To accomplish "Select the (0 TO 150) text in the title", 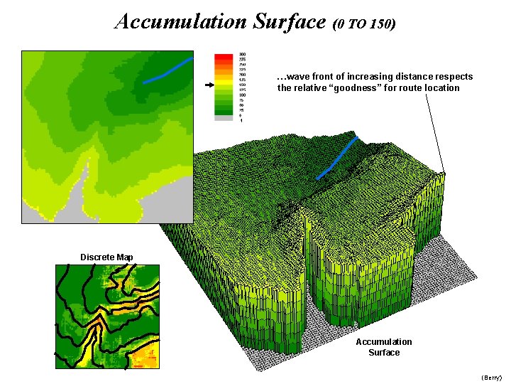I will coord(363,23).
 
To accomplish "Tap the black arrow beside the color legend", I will coord(209,85).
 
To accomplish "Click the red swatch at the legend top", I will coord(224,55).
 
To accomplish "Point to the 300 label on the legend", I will coord(242,54).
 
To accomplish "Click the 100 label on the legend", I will coord(242,95).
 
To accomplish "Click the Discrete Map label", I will coord(106,257).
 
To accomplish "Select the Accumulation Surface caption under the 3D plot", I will coord(383,347).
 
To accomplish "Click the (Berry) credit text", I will coord(491,376).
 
